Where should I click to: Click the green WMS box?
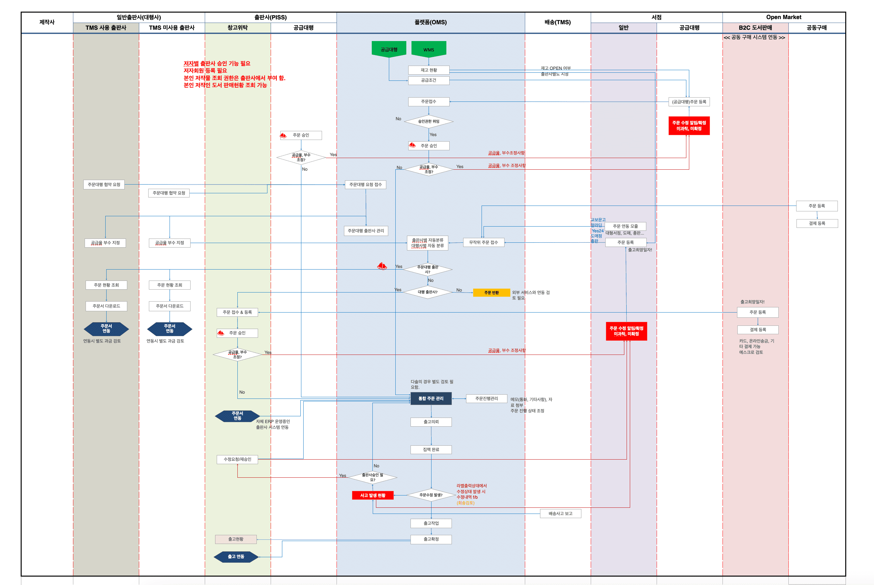pyautogui.click(x=428, y=49)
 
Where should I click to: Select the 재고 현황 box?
pyautogui.click(x=428, y=70)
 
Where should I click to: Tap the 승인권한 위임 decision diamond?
pyautogui.click(x=428, y=121)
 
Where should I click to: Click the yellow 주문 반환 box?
pyautogui.click(x=491, y=292)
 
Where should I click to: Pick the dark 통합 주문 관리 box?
pyautogui.click(x=431, y=399)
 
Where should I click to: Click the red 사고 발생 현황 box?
pyautogui.click(x=372, y=495)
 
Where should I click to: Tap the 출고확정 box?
pyautogui.click(x=431, y=539)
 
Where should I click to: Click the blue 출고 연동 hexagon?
pyautogui.click(x=236, y=557)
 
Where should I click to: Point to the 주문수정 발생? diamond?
pyautogui.click(x=431, y=495)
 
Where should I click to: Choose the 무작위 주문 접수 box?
pyautogui.click(x=483, y=242)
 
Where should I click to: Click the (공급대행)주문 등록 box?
pyautogui.click(x=689, y=102)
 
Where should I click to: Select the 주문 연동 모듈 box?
pyautogui.click(x=625, y=226)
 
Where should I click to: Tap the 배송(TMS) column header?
pyautogui.click(x=557, y=22)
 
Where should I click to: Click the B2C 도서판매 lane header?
pyautogui.click(x=755, y=27)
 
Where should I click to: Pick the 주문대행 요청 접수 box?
pyautogui.click(x=365, y=185)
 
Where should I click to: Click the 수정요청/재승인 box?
pyautogui.click(x=237, y=459)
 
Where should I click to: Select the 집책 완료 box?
pyautogui.click(x=431, y=450)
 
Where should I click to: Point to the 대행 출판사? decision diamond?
pyautogui.click(x=427, y=292)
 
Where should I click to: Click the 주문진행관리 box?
pyautogui.click(x=486, y=399)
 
